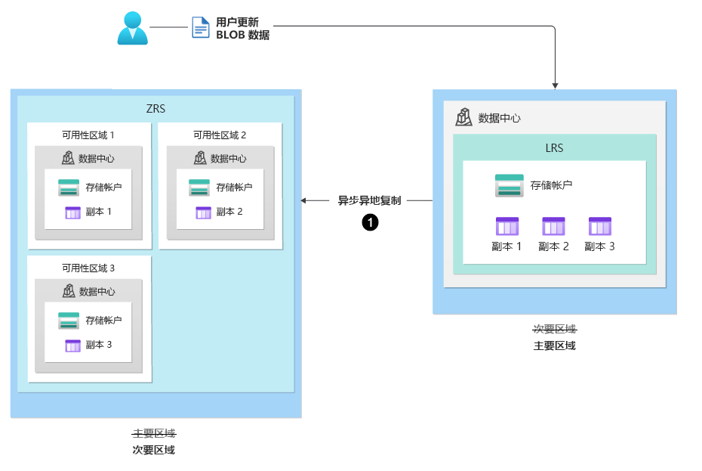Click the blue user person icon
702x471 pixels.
coord(133,27)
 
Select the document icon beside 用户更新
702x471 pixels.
coord(201,27)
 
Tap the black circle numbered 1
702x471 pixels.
coord(370,222)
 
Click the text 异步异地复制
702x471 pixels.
coord(369,201)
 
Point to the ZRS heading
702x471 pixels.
coord(155,109)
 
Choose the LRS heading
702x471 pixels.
coord(554,148)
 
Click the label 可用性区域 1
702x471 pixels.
coord(88,135)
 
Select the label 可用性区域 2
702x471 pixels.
coord(220,135)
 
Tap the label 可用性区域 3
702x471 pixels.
coord(88,268)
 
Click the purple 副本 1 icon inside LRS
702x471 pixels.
coord(506,226)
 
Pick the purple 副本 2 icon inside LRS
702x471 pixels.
coord(553,226)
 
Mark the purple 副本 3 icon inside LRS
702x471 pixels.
coord(599,226)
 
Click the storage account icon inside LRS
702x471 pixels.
coord(509,185)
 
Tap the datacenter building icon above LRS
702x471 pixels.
coord(463,117)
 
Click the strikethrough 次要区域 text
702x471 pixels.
coord(554,329)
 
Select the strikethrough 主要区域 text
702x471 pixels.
coord(154,433)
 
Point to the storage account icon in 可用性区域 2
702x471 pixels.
coord(199,187)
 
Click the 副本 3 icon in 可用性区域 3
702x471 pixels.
coord(72,346)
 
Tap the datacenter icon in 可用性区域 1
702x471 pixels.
coord(68,158)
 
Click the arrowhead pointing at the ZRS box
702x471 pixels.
coord(304,201)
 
